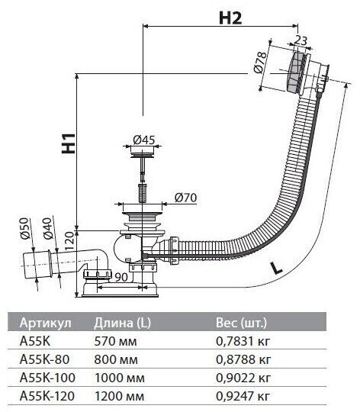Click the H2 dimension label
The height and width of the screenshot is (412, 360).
(x=230, y=18)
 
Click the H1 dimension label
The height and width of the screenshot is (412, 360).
(x=69, y=143)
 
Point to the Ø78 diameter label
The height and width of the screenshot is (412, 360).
(x=261, y=62)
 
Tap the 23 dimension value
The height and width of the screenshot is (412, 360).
(x=301, y=40)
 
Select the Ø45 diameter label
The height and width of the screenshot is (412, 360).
(x=144, y=140)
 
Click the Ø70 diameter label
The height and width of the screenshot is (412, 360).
(x=185, y=198)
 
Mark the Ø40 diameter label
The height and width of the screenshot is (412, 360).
(x=48, y=229)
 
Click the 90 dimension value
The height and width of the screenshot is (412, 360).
(x=121, y=277)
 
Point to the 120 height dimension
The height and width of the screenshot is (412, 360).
(x=69, y=241)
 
